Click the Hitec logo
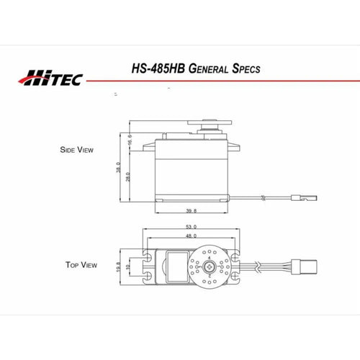[50, 78]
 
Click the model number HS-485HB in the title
[158, 68]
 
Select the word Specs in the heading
[246, 68]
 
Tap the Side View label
[76, 150]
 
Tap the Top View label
[81, 265]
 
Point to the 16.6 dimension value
[130, 140]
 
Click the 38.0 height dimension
[118, 168]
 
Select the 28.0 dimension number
[128, 177]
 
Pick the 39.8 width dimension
[192, 211]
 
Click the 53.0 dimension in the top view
[192, 227]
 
